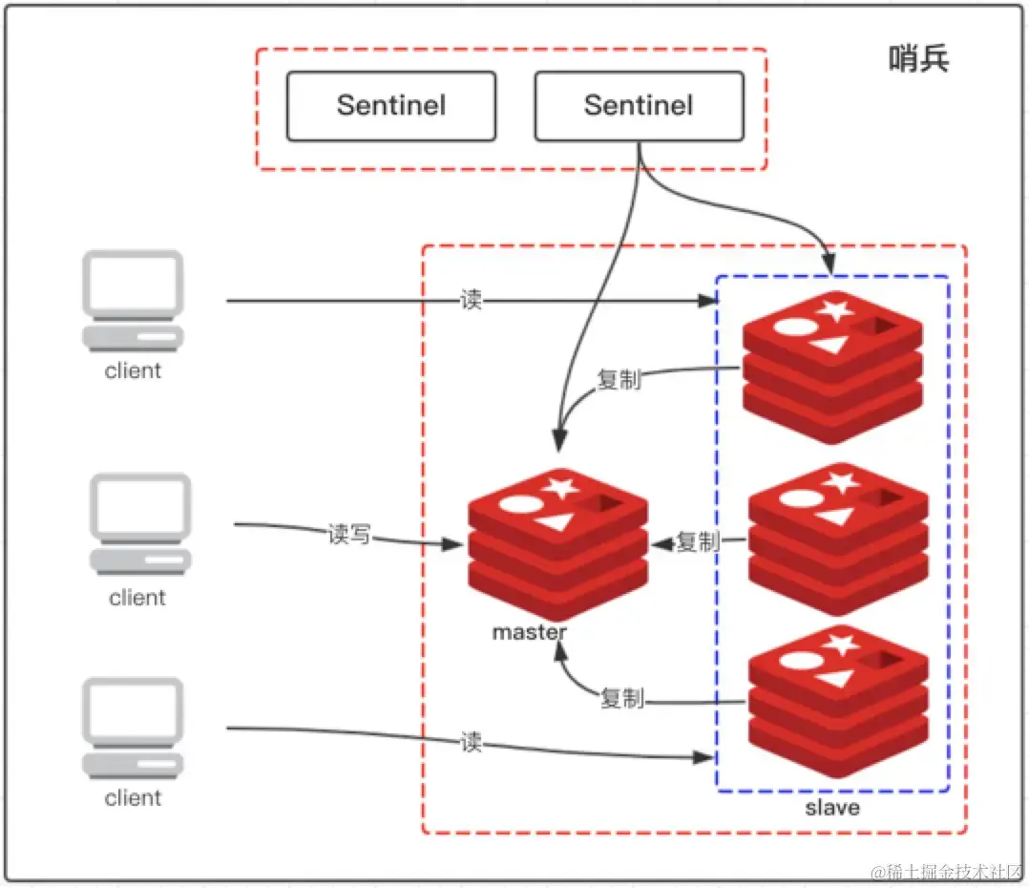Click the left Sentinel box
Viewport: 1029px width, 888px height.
pos(391,106)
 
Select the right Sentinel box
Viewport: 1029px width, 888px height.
pos(639,106)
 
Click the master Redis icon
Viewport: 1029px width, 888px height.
pos(557,544)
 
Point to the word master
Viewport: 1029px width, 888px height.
pos(529,632)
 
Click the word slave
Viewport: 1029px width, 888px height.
pos(832,808)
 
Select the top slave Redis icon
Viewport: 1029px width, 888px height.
pos(833,367)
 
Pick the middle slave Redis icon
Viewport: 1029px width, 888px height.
pos(838,539)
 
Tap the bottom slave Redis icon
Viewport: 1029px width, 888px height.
pos(838,702)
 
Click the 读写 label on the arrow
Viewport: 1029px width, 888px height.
pos(348,536)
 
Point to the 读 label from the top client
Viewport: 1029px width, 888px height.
pos(471,301)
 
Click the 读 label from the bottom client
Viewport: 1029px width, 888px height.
pos(471,742)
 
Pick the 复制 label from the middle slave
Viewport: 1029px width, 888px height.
pos(698,542)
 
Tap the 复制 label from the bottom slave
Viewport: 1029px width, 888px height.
pos(622,699)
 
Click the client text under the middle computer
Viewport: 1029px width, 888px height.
pos(137,598)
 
